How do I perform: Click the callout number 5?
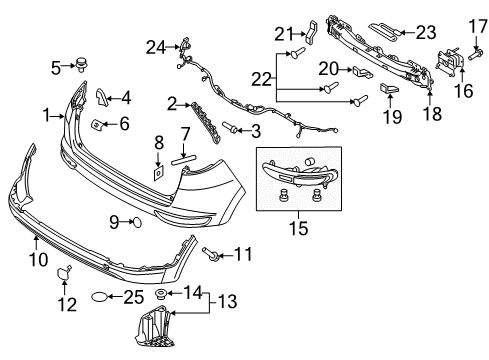[56, 67]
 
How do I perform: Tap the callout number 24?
[153, 46]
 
